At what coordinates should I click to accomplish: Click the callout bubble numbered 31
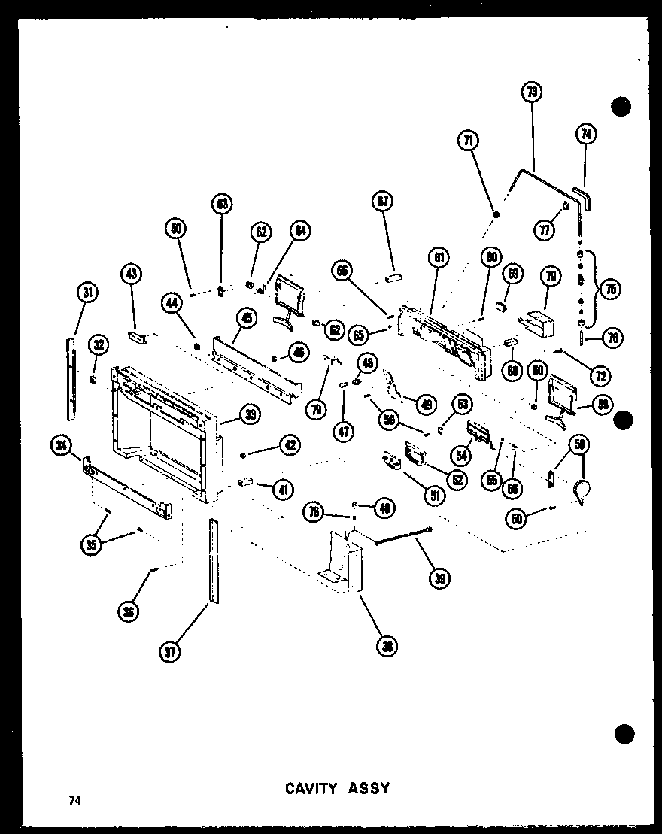(x=87, y=293)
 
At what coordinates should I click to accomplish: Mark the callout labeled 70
(x=550, y=277)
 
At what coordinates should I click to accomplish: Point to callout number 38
(x=387, y=646)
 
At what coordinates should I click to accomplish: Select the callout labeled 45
(x=244, y=319)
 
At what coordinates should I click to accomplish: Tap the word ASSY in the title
(x=369, y=788)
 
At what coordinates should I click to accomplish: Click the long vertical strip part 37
(x=213, y=560)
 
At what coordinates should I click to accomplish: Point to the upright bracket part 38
(x=342, y=560)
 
